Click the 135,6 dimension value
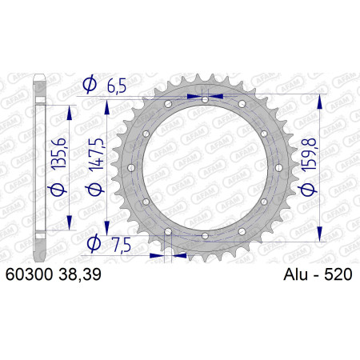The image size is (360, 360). (58, 154)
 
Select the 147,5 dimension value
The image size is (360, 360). (96, 154)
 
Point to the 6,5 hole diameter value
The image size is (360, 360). (116, 86)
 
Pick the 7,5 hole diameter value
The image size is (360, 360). (121, 245)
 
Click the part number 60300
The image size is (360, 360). (29, 274)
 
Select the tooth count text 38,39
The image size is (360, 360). (80, 274)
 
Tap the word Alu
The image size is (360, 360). (295, 274)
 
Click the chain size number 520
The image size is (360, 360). (338, 274)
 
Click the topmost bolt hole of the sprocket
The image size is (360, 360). (205, 100)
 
